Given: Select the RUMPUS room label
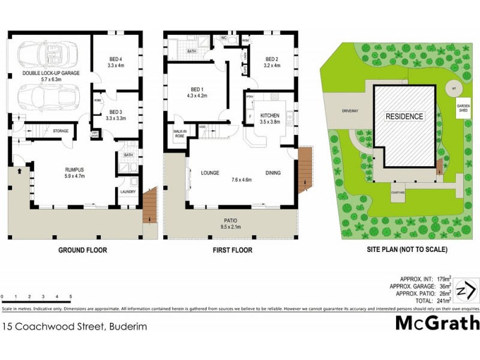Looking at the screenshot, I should pos(75,172).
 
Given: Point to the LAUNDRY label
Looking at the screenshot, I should pos(128,192).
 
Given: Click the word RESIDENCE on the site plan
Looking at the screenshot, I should pos(404,116).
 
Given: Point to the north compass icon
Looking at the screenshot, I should pos(465,290).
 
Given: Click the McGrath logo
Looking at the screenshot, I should pos(437,323).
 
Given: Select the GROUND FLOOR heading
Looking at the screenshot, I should pos(82,250).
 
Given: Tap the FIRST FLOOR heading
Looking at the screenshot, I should pos(233,250).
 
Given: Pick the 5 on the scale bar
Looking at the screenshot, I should pos(71,296).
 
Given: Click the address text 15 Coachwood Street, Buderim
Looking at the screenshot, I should pos(74,327).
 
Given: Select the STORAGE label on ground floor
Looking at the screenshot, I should pos(61,131).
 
